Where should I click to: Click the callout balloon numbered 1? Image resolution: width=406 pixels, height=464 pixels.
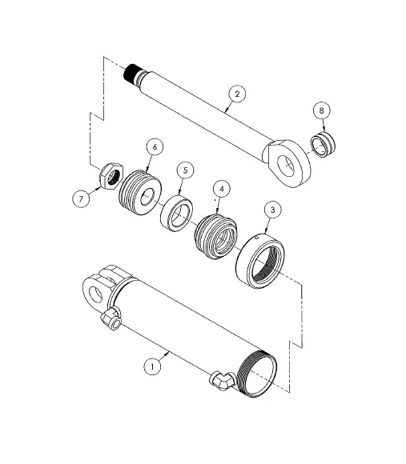(x=151, y=366)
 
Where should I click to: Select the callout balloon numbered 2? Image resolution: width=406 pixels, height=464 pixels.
(x=235, y=94)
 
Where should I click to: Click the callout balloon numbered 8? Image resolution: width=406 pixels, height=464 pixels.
(x=323, y=110)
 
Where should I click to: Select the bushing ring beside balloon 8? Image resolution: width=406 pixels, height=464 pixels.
(x=323, y=145)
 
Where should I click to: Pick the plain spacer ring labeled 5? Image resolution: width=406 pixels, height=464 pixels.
(x=177, y=211)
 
